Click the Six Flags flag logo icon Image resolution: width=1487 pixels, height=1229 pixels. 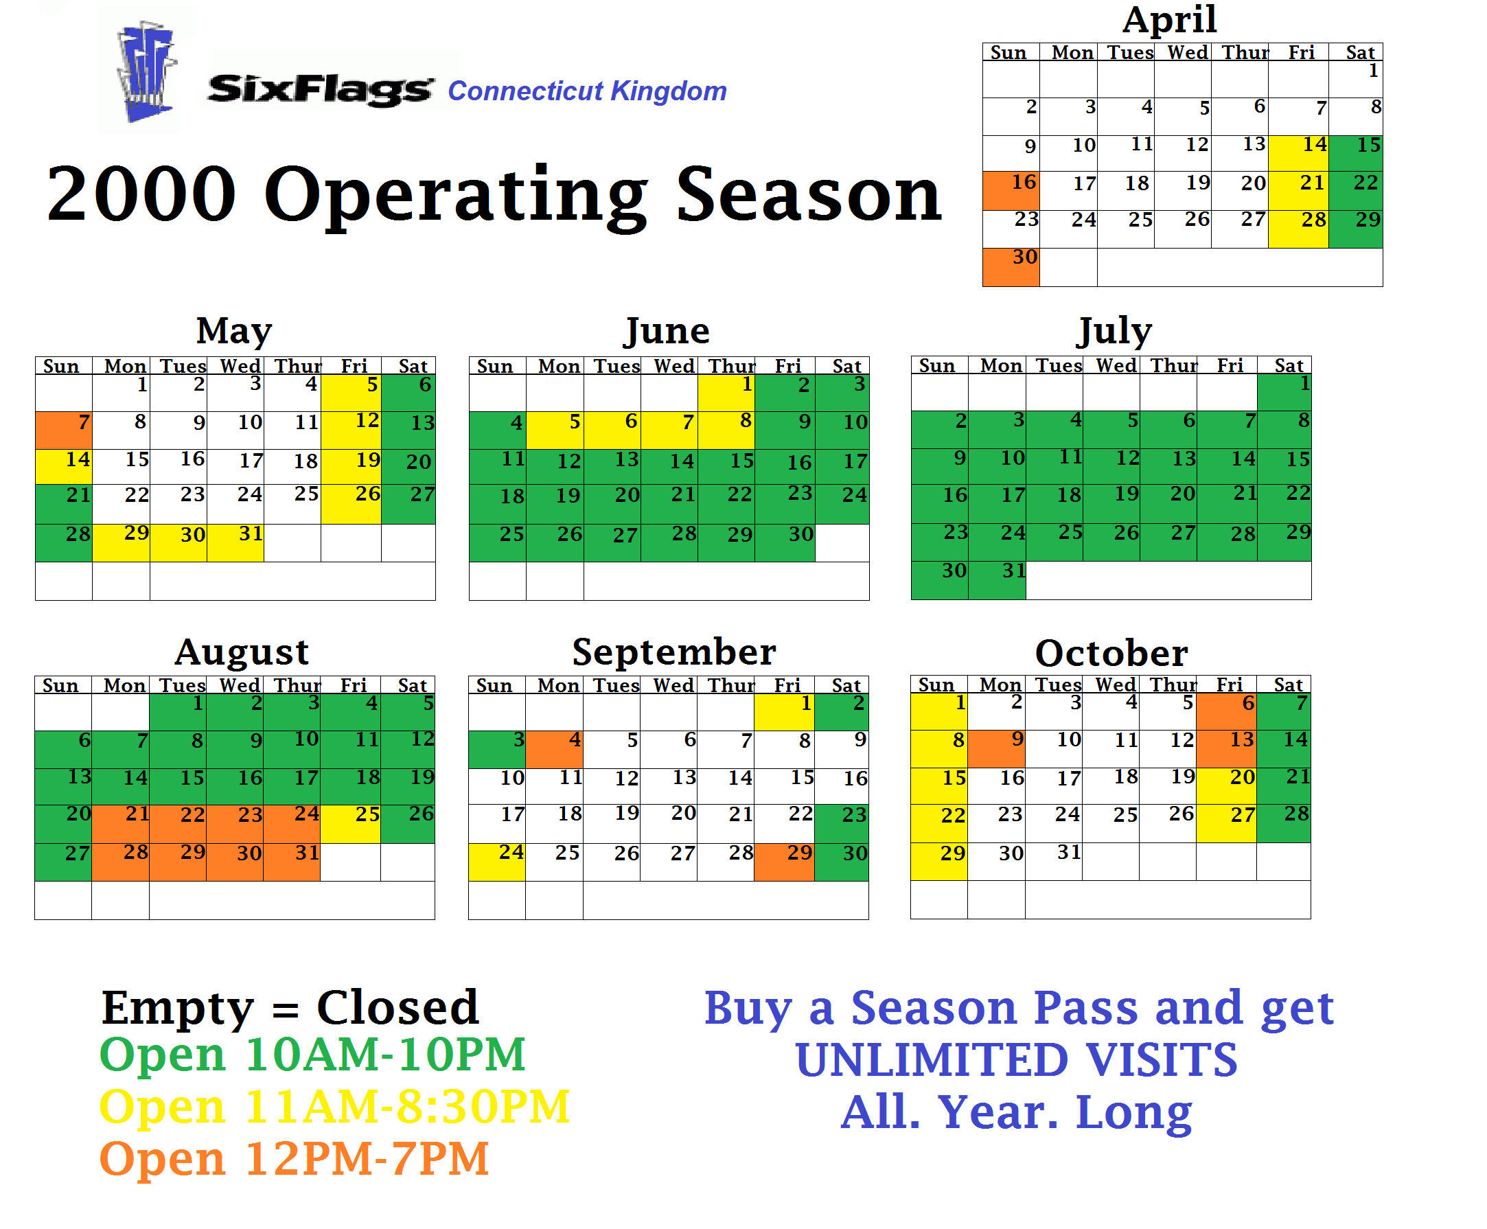146,72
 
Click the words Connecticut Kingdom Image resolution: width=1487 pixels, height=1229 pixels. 587,91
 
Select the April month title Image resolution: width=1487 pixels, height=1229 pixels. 1169,19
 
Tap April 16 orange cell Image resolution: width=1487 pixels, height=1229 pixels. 1011,190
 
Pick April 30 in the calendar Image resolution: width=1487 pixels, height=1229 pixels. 1011,267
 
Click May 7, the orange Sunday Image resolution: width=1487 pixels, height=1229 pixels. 64,430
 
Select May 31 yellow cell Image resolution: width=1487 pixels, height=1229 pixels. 235,542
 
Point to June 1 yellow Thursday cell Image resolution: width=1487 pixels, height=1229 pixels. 726,393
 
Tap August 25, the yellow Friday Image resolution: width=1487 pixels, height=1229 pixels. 350,824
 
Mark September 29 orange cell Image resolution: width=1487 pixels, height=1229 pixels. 784,862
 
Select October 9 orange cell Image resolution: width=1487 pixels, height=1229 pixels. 996,749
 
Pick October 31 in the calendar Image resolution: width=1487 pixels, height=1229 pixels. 1053,862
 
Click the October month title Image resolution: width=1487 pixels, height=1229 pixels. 1111,653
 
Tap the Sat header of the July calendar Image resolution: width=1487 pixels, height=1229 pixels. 1288,365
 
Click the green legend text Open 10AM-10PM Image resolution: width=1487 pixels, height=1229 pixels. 312,1055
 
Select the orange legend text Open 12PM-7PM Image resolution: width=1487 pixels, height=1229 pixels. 294,1160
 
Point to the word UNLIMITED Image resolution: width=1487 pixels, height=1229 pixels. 932,1060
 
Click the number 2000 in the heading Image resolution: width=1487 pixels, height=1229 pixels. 141,193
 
